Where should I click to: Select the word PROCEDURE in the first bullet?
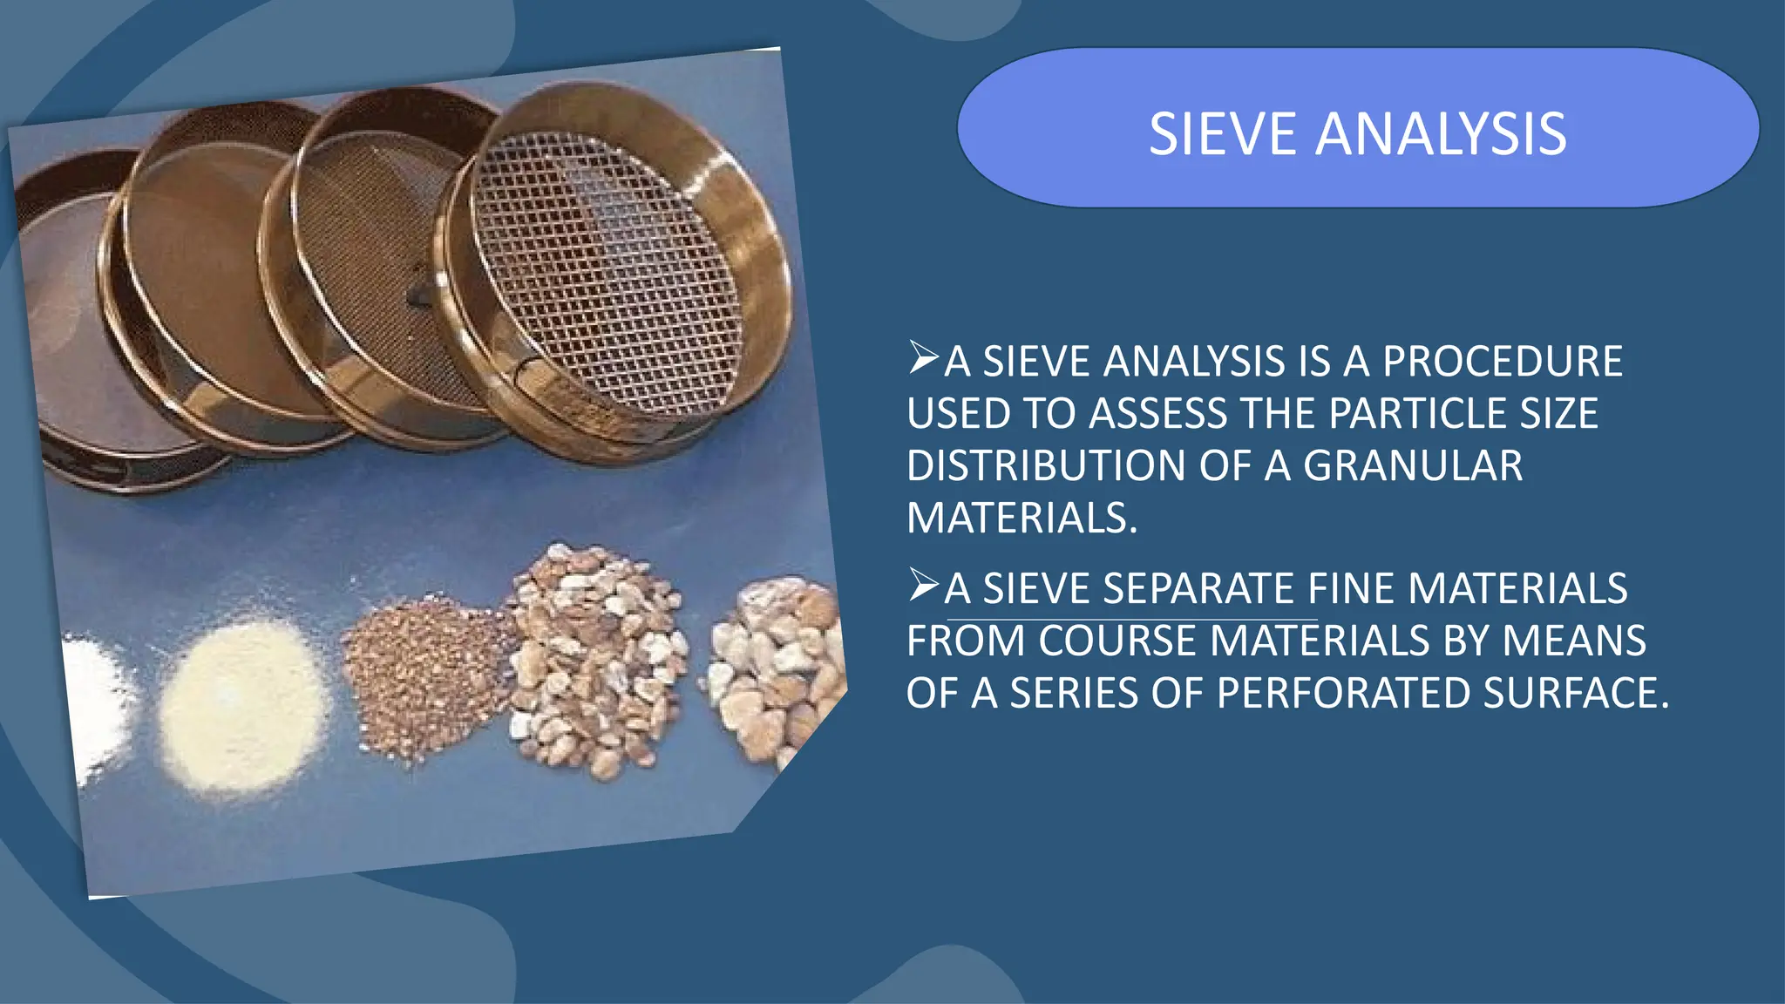(x=1503, y=362)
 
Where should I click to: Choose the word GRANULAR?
(x=1413, y=465)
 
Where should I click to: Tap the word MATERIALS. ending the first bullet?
(x=1021, y=518)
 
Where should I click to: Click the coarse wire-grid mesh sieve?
(x=606, y=270)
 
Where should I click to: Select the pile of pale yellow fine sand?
(x=240, y=702)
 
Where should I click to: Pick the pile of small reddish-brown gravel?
(x=423, y=675)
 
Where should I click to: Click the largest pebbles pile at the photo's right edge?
(x=776, y=662)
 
